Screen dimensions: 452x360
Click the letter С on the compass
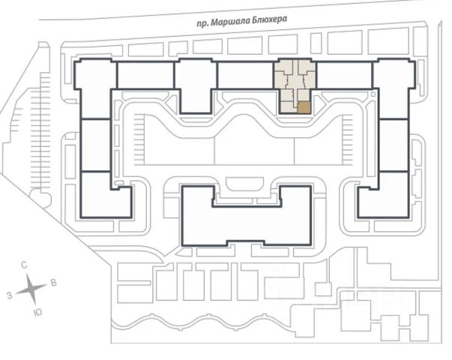point(25,265)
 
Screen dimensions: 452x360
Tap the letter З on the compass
point(9,296)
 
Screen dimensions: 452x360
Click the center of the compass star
point(31,288)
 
